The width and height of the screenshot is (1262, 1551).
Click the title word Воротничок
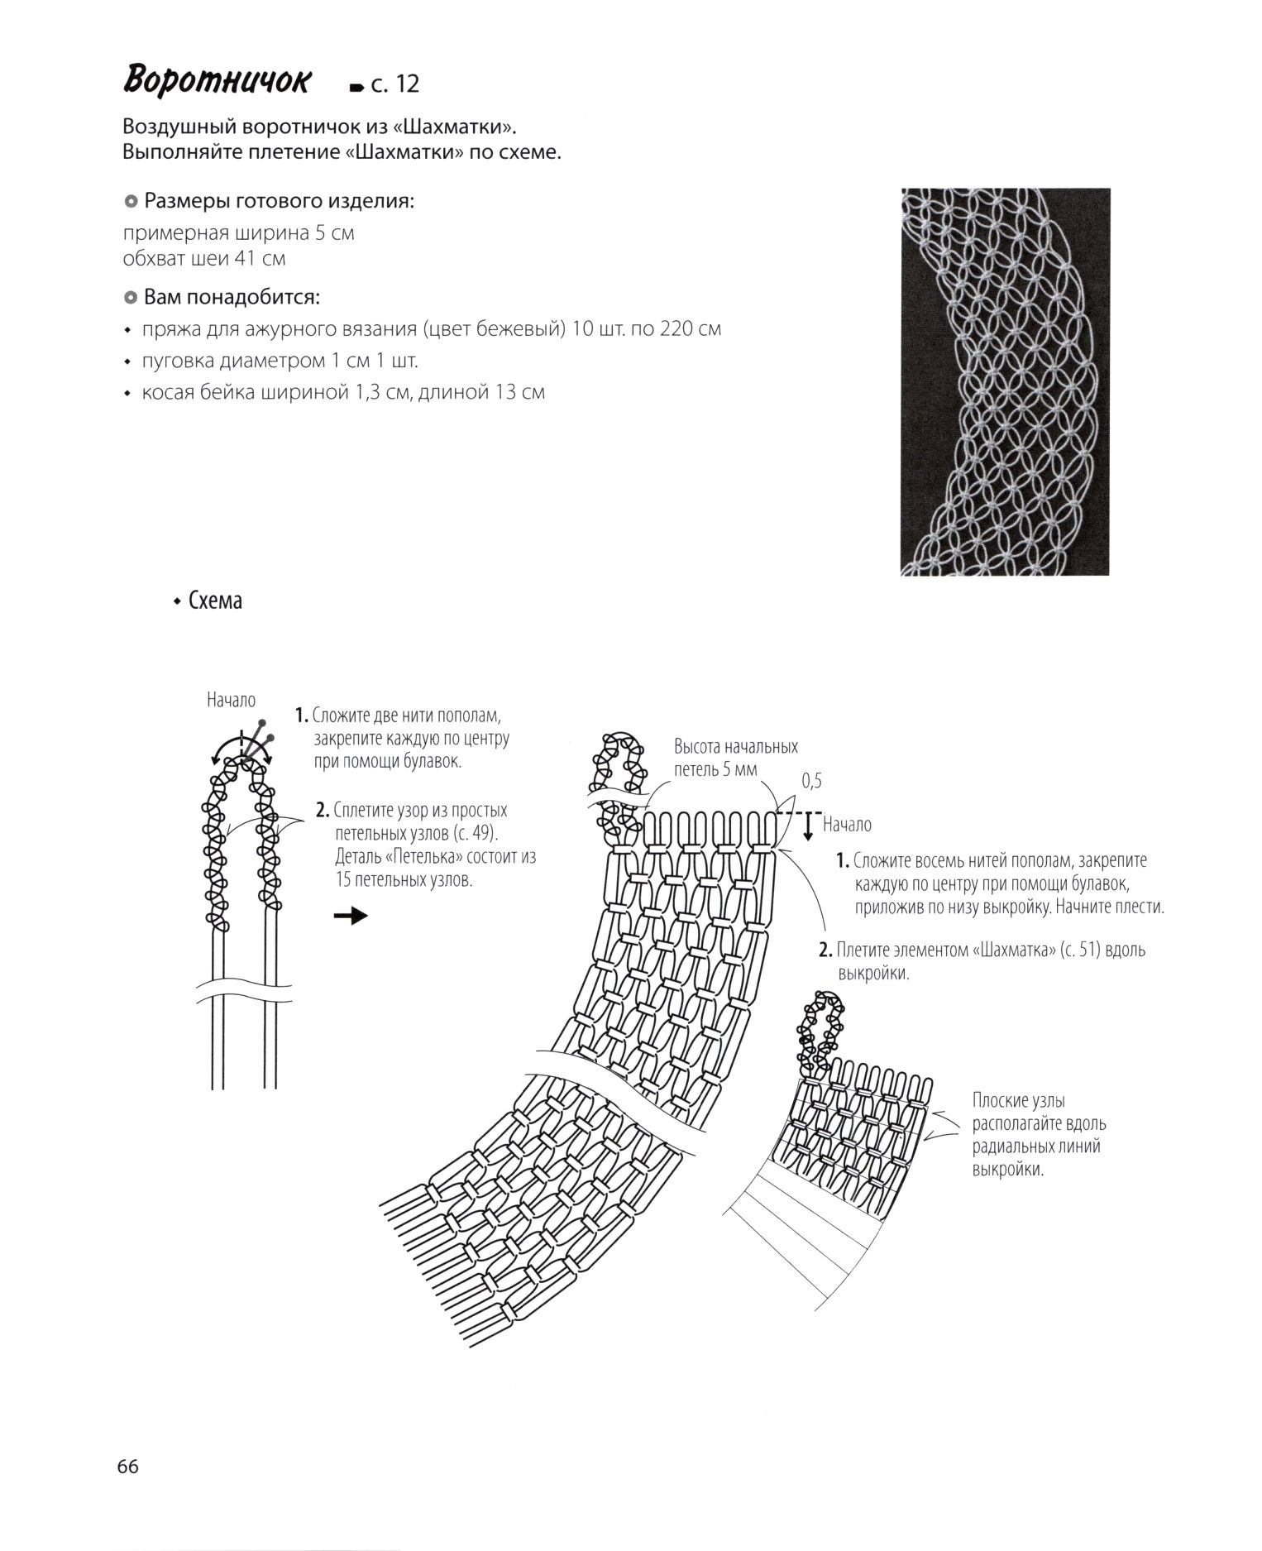(218, 82)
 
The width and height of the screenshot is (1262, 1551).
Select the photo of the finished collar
(1005, 381)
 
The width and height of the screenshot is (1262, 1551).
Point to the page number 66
(128, 1467)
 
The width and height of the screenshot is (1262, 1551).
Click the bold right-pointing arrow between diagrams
(351, 916)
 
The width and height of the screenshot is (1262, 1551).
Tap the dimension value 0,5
(811, 781)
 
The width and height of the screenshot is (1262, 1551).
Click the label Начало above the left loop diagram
(232, 701)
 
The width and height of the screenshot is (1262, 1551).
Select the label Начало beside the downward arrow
(847, 825)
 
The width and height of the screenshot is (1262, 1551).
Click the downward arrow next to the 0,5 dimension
(809, 828)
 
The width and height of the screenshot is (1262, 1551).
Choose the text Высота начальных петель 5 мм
(735, 758)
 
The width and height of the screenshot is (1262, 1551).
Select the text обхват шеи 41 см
(204, 258)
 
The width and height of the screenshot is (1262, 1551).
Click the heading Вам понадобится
(232, 297)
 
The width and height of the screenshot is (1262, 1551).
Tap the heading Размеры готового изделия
(280, 201)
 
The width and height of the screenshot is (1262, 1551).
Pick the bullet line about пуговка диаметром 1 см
(280, 361)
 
